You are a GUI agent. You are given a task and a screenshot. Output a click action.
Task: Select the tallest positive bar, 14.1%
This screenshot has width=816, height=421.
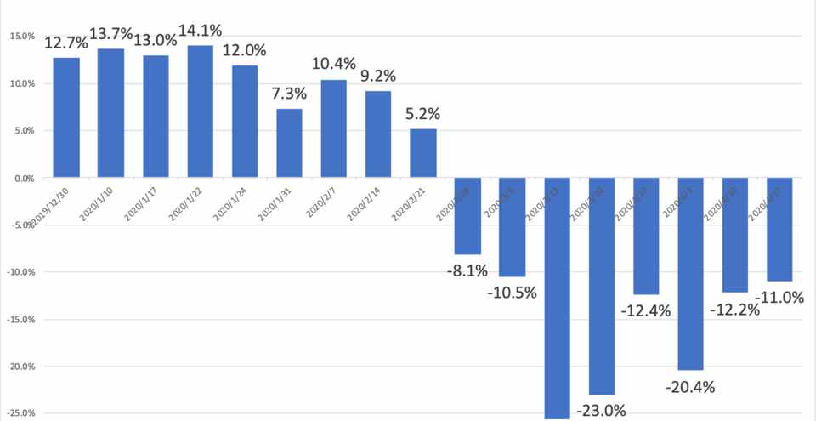pos(200,111)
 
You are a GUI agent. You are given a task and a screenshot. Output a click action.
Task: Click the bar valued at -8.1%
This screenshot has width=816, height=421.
pos(467,216)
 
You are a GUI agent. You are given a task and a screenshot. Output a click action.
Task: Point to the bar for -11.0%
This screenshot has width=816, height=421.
pos(779,230)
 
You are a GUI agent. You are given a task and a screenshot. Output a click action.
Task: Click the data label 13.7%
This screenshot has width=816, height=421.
pos(110,34)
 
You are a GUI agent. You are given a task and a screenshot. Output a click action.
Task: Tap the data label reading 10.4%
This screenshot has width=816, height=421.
pos(333,63)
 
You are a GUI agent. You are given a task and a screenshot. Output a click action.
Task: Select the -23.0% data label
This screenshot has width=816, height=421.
pos(601,411)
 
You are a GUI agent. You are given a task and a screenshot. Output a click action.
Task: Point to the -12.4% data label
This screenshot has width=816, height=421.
pos(646,310)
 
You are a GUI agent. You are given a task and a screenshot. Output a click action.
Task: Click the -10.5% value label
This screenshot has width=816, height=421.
pos(512,293)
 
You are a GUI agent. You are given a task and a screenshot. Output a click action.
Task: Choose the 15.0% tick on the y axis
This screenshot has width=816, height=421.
pos(21,37)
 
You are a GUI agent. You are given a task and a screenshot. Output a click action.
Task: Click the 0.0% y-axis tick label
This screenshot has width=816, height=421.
pos(23,179)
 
